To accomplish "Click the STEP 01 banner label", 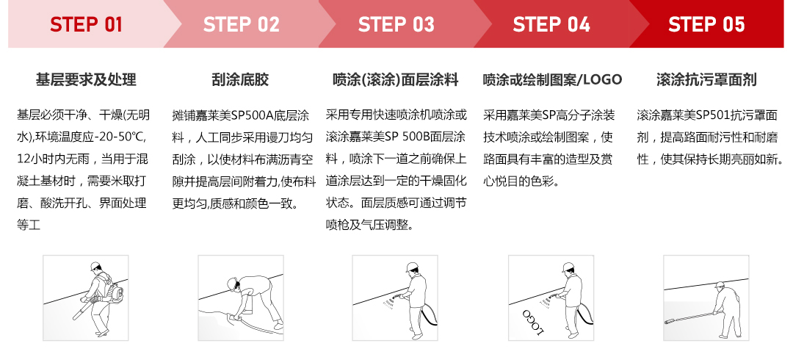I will pyautogui.click(x=86, y=25).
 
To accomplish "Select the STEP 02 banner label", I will pyautogui.click(x=242, y=25).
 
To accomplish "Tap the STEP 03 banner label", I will pyautogui.click(x=396, y=25).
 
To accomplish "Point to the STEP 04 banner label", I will pyautogui.click(x=551, y=25).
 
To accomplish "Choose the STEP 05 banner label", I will pyautogui.click(x=706, y=25).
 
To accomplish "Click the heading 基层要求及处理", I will pyautogui.click(x=86, y=79).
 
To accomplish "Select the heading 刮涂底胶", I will pyautogui.click(x=241, y=79).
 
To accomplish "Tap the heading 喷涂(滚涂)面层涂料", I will pyautogui.click(x=396, y=79).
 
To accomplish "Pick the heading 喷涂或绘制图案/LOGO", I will pyautogui.click(x=552, y=79).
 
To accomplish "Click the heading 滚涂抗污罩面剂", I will pyautogui.click(x=706, y=79).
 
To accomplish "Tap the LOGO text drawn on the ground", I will pyautogui.click(x=533, y=322).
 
